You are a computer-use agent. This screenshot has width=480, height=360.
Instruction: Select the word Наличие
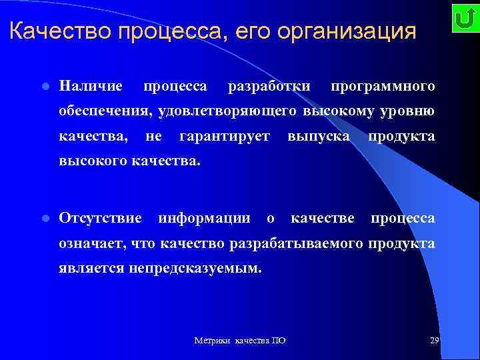(x=90, y=86)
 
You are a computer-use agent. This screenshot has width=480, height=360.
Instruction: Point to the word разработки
(x=269, y=86)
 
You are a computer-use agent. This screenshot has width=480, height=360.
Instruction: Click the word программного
(x=383, y=86)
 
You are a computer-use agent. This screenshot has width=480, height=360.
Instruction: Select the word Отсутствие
(x=100, y=218)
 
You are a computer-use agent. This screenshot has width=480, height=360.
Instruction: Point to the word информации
(x=204, y=218)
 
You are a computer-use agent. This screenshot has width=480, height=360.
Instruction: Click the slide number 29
(x=434, y=341)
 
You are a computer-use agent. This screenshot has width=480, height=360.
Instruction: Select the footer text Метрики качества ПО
(x=240, y=341)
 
